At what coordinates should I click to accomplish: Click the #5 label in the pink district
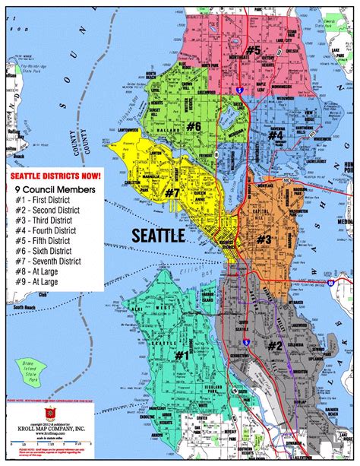[x=253, y=50]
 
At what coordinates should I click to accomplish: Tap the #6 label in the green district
[x=194, y=125]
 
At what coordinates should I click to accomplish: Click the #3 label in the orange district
[x=264, y=240]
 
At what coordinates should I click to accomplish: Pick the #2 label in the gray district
[x=275, y=347]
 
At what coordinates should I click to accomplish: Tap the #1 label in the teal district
[x=182, y=354]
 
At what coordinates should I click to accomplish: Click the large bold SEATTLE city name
[x=158, y=235]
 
